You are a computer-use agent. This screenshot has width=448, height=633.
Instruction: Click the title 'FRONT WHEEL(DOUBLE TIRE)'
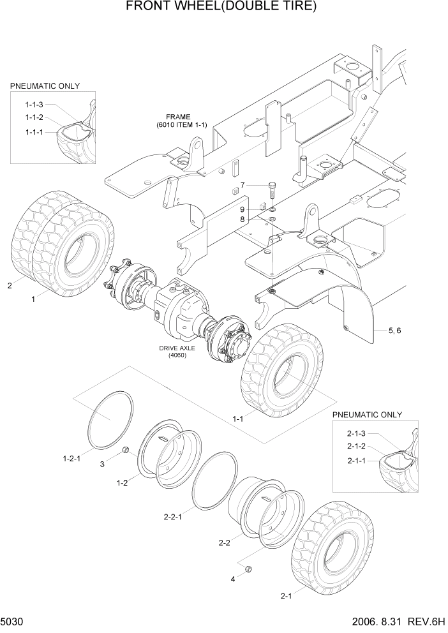(221, 8)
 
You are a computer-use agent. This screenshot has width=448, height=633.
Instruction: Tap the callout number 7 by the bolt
(243, 186)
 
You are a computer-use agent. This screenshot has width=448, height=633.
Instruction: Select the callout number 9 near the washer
(243, 209)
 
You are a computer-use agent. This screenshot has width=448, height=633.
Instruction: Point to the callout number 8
(243, 219)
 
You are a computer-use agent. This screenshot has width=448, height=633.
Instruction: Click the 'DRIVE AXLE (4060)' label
(177, 352)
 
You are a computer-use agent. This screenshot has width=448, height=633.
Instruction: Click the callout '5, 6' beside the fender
(394, 330)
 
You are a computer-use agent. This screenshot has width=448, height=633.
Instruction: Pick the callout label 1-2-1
(72, 458)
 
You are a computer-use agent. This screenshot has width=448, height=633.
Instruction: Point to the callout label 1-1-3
(34, 105)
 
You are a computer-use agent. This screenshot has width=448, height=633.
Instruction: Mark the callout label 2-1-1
(356, 461)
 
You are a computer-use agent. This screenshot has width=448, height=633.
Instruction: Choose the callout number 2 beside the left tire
(10, 286)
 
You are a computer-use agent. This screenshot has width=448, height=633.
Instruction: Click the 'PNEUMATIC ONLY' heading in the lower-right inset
(367, 414)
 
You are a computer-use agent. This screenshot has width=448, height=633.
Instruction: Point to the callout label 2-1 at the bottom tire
(286, 596)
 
